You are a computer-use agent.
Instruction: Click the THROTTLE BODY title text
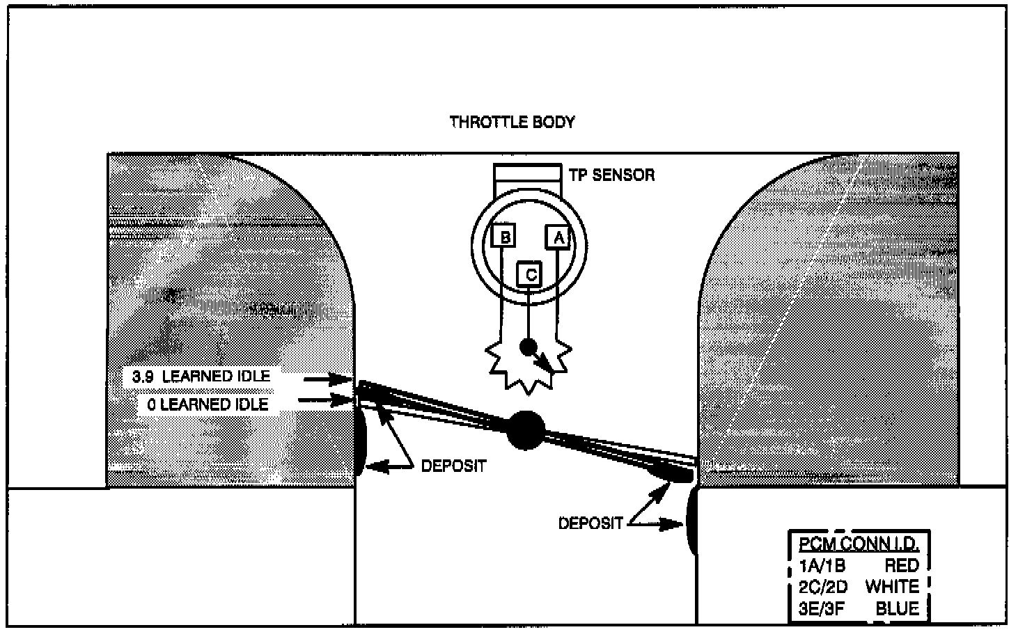point(512,123)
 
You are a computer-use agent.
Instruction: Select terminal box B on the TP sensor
point(505,237)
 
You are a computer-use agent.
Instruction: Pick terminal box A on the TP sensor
point(558,237)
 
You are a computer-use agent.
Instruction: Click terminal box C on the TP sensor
point(531,275)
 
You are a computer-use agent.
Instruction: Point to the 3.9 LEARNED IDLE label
point(201,377)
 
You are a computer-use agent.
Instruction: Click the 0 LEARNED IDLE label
point(208,404)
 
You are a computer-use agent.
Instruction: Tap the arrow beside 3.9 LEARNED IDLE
point(329,379)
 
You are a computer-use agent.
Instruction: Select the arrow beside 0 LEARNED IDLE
point(325,400)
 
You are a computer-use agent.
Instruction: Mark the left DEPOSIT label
point(453,466)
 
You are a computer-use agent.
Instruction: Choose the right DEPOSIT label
point(590,523)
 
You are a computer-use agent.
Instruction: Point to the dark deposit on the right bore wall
point(692,521)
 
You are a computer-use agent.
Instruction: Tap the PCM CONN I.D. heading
point(859,544)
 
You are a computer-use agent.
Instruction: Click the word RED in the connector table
point(902,565)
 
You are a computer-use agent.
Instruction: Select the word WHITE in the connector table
point(892,587)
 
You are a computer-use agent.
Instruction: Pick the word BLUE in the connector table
point(897,608)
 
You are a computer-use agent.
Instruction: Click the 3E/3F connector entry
point(822,609)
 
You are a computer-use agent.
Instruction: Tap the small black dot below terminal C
point(529,346)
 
